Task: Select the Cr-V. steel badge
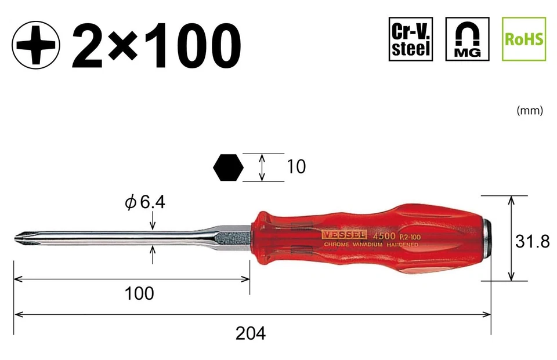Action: click(x=411, y=39)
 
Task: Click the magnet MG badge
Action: click(x=467, y=39)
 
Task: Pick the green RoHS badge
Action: click(x=523, y=39)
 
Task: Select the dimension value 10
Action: click(x=295, y=167)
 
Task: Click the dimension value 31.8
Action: click(x=532, y=241)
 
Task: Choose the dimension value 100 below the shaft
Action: click(x=139, y=293)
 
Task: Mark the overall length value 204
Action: click(x=251, y=333)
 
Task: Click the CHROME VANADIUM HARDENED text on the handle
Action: click(x=370, y=245)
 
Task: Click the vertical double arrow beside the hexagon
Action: click(x=263, y=168)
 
